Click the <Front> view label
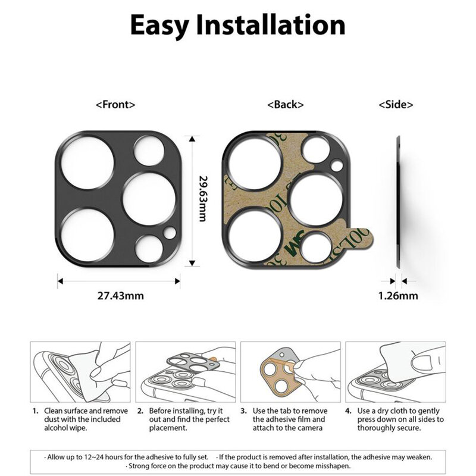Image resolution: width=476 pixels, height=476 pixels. click(115, 104)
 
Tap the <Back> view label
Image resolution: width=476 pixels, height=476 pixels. click(286, 104)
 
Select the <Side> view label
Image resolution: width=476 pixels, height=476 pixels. click(396, 104)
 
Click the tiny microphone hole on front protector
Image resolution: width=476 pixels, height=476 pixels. click(170, 232)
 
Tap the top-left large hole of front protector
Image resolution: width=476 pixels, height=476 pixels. click(87, 162)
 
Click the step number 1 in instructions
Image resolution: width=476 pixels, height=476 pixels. click(36, 411)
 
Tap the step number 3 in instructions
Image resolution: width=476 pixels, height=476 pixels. click(244, 411)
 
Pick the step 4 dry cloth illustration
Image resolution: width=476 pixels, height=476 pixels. click(394, 372)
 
